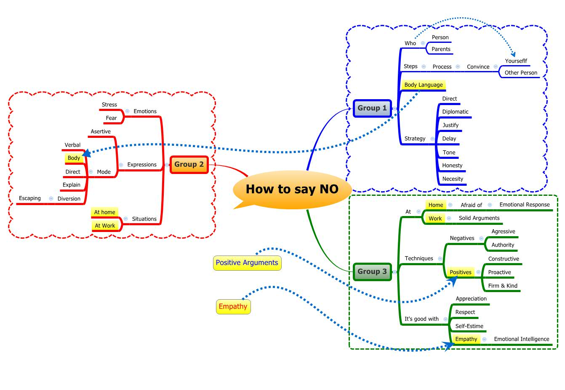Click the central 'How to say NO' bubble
[x=292, y=189]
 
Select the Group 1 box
[x=372, y=108]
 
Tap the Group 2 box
[x=189, y=164]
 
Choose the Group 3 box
[x=372, y=271]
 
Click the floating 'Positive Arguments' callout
[x=247, y=263]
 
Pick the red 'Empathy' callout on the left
[x=233, y=306]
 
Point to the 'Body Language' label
[x=423, y=85]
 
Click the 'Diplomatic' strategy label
[x=455, y=112]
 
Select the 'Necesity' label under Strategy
[x=453, y=179]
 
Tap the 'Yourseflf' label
[x=516, y=61]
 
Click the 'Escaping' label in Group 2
[x=30, y=198]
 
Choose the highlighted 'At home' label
[x=104, y=212]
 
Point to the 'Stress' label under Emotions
[x=109, y=105]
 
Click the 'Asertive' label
[x=101, y=132]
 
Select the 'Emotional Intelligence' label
[x=522, y=339]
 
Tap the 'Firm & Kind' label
[x=503, y=286]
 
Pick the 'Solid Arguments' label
[x=479, y=218]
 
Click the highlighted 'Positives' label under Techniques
[x=460, y=272]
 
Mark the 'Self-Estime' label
[x=469, y=326]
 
